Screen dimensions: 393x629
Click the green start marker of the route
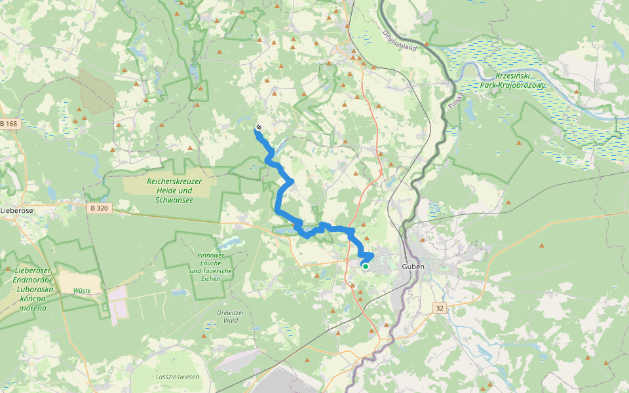(x=365, y=266)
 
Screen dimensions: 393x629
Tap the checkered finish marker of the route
(x=258, y=127)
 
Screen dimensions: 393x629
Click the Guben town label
(x=413, y=267)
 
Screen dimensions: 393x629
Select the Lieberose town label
(x=16, y=210)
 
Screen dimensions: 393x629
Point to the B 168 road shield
(x=10, y=124)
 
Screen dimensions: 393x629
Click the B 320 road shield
(x=99, y=208)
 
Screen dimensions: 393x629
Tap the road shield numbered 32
(x=440, y=307)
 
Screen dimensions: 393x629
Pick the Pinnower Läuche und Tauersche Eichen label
(x=210, y=267)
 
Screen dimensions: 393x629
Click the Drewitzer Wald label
(x=227, y=317)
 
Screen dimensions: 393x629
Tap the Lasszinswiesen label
(x=177, y=377)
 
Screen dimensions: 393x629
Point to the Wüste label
(x=82, y=290)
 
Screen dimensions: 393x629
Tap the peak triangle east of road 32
(x=541, y=246)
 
